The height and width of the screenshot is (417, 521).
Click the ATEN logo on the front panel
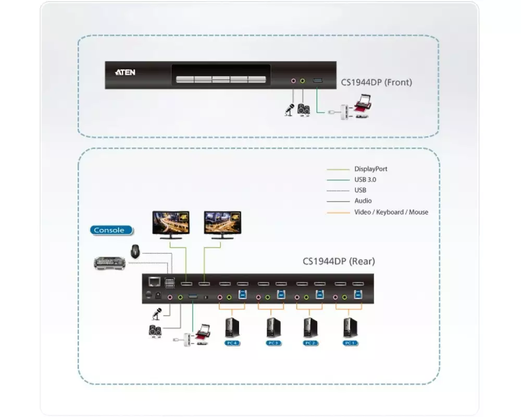point(125,72)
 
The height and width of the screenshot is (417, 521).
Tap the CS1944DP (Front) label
point(376,82)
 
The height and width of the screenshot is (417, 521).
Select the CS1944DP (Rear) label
point(339,261)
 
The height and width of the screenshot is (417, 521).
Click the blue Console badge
point(111,230)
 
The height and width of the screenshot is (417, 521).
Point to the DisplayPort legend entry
point(370,169)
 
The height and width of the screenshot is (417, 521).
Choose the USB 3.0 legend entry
point(365,179)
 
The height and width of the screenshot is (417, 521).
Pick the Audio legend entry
point(363,201)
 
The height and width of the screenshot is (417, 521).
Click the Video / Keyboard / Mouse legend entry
point(391,212)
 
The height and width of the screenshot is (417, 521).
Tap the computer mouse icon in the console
point(135,251)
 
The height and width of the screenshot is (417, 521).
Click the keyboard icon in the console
point(110,264)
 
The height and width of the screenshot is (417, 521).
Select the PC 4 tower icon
point(231,328)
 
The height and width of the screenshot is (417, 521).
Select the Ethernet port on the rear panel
point(154,282)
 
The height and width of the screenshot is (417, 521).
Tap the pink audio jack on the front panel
point(293,81)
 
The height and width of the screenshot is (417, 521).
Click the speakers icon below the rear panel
point(155,332)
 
